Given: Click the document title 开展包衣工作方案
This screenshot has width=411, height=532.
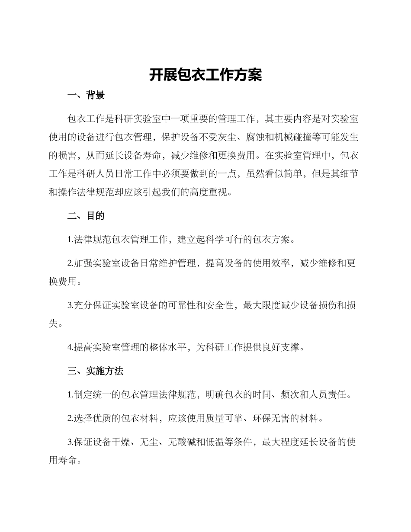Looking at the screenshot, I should coord(205,75).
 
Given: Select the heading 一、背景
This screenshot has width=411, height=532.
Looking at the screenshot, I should coord(86,96).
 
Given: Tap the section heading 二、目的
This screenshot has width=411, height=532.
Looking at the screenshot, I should coord(86,216).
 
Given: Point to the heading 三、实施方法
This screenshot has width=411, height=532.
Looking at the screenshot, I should coord(96,371).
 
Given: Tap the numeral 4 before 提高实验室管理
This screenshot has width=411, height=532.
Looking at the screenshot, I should coord(70,347).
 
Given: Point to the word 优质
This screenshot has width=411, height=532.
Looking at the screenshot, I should coord(98,418).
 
